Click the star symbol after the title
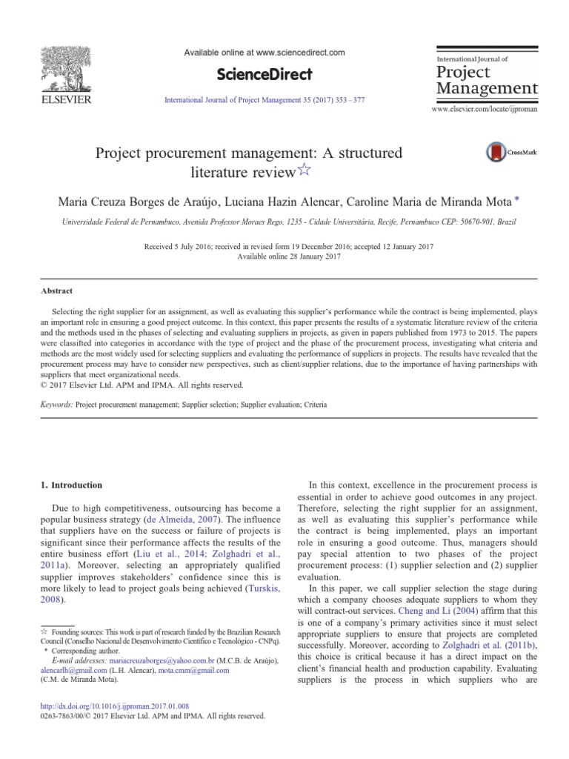[x=305, y=173]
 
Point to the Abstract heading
[x=57, y=291]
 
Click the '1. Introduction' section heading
[x=71, y=485]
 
